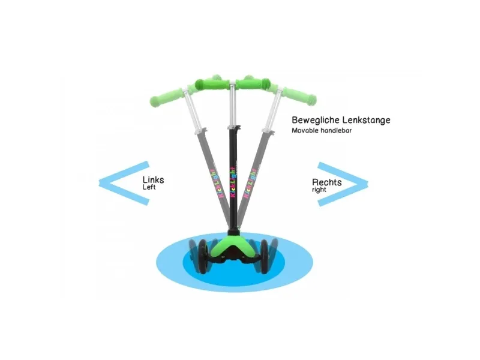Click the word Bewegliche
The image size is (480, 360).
[316, 120]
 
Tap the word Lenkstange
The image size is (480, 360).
[367, 119]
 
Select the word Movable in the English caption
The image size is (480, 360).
[305, 130]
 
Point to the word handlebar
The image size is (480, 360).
[336, 130]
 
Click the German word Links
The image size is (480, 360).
[154, 179]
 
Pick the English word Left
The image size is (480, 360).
[149, 187]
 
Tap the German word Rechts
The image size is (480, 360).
[326, 182]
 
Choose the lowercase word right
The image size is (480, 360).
[319, 190]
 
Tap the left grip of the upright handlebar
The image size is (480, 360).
[212, 83]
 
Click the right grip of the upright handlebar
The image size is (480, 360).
[253, 83]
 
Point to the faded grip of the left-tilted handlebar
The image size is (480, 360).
[166, 97]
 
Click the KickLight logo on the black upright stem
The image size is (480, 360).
[233, 182]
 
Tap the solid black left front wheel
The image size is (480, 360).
[203, 257]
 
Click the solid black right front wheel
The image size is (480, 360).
[264, 257]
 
